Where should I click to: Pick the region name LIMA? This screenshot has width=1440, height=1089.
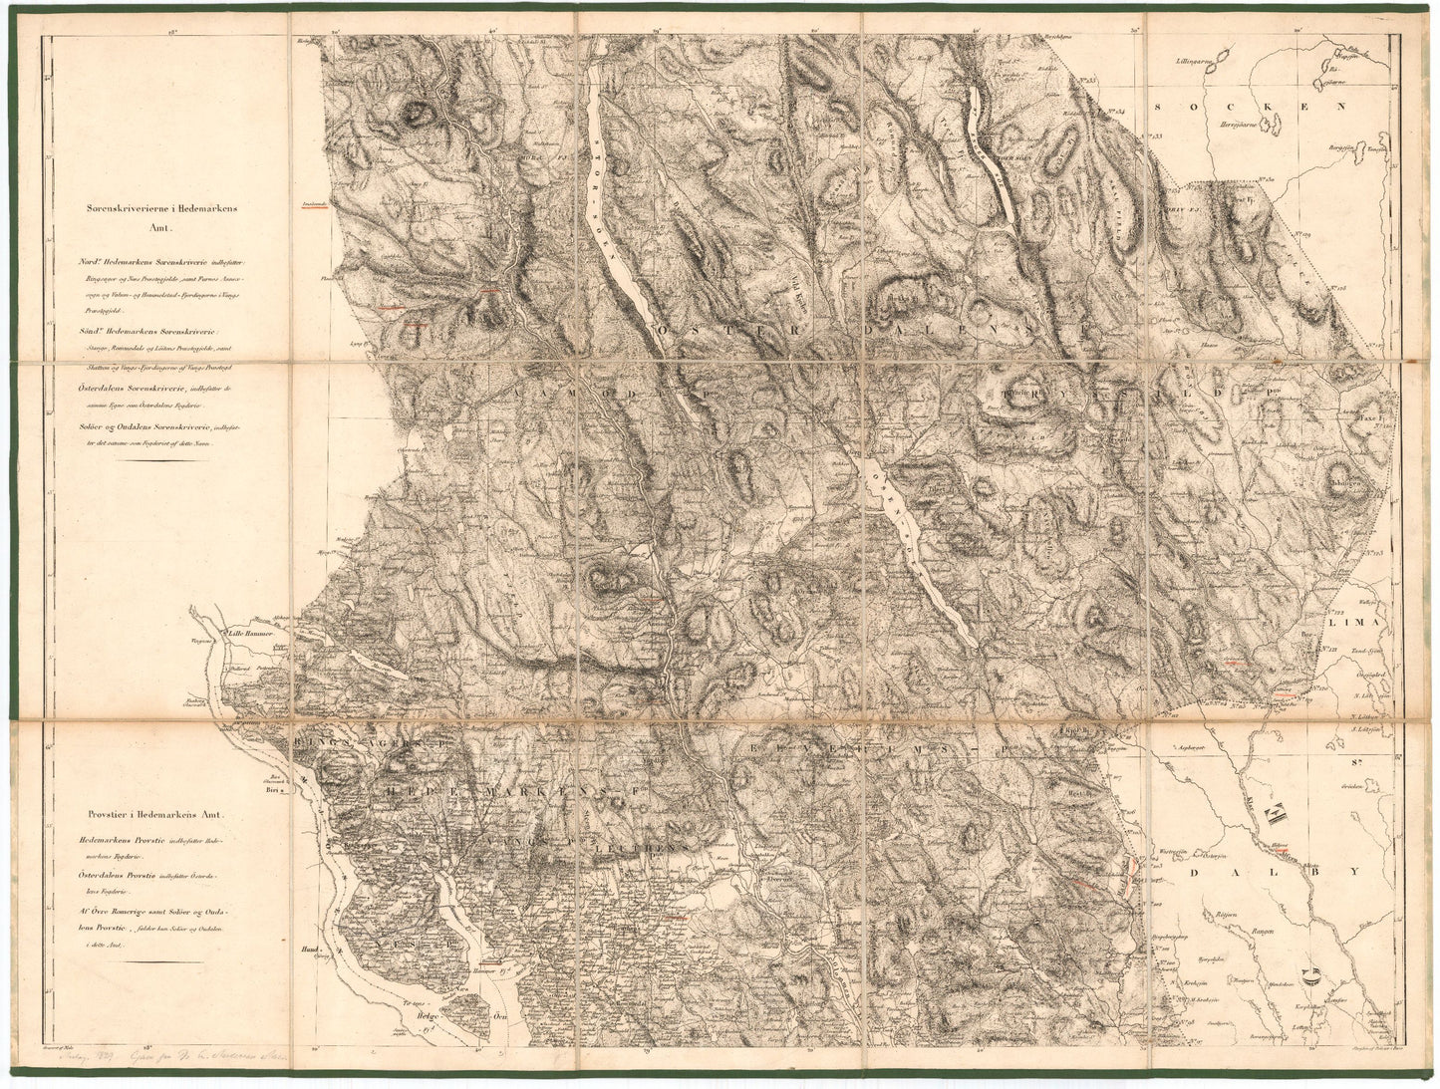click(x=1356, y=621)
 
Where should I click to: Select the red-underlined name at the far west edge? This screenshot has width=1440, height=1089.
click(x=314, y=206)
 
